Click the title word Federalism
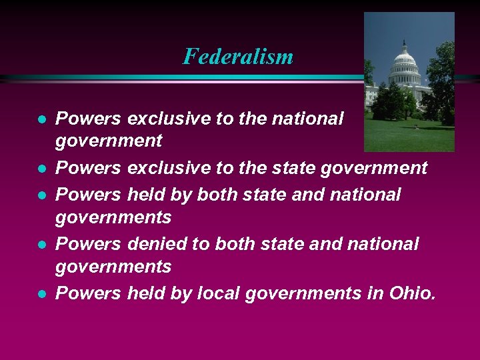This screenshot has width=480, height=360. tap(238, 56)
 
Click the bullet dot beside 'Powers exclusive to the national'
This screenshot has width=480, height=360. tap(41, 120)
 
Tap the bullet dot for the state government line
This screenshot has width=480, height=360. tap(41, 169)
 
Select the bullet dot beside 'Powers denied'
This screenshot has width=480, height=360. tap(41, 245)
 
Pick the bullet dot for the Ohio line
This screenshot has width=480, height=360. tap(41, 294)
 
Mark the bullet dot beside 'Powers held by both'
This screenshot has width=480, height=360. tap(41, 195)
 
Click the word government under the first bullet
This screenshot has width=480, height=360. tap(109, 141)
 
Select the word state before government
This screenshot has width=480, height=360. tap(293, 168)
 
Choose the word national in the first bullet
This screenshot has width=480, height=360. tap(309, 119)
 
